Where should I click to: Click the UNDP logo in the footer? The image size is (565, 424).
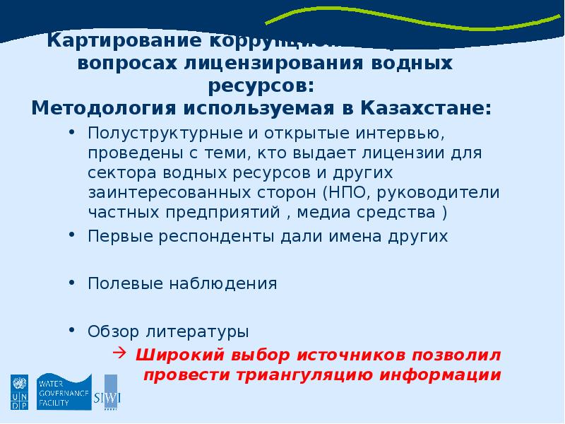click(18, 392)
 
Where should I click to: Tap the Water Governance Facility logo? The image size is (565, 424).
click(64, 391)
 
